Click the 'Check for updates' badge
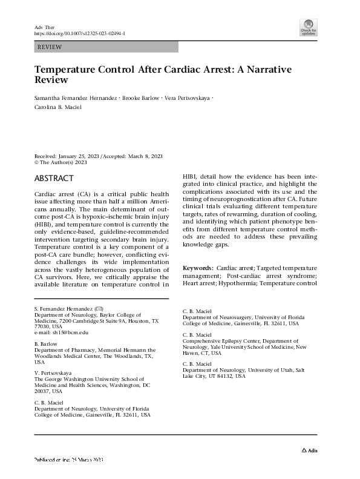coord(309,27)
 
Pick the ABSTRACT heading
coord(54,178)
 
